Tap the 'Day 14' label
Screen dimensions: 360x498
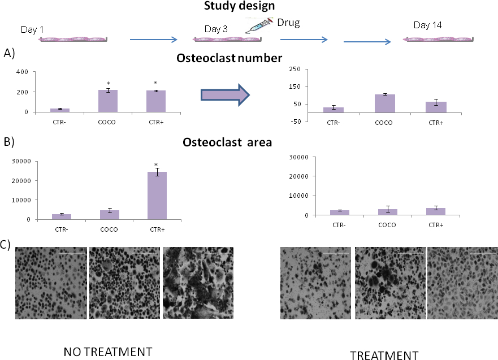tap(428, 25)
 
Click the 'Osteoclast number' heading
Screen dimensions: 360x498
tap(229, 58)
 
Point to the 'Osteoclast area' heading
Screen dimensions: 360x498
tap(228, 142)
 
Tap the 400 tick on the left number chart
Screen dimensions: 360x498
tap(22, 72)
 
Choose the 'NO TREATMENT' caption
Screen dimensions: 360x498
tap(108, 351)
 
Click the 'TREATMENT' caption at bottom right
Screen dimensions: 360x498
tap(384, 355)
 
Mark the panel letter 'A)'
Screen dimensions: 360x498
tap(8, 53)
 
